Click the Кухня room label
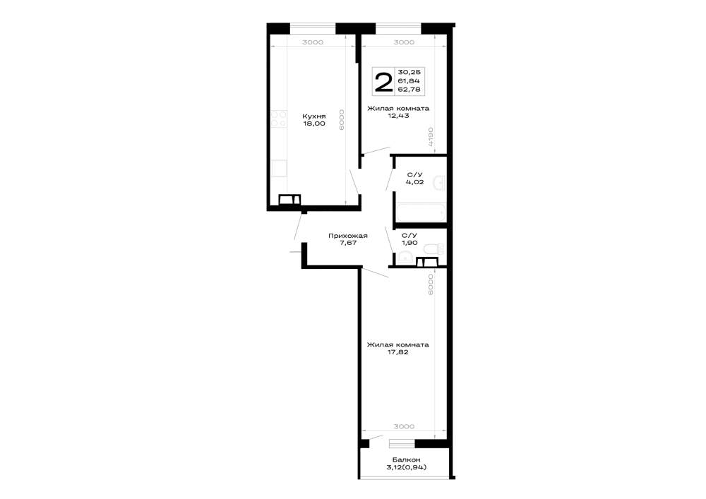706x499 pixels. coord(314,116)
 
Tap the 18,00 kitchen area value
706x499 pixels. coord(314,124)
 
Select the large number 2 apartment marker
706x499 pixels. coord(383,82)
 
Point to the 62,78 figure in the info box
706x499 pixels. coord(409,89)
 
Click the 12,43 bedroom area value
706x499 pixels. coord(398,116)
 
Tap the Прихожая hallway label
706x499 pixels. coord(347,236)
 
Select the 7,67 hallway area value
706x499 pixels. coord(347,243)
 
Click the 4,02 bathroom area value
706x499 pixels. coord(414,182)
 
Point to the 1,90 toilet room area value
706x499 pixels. coord(409,243)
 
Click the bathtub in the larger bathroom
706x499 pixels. coord(421,212)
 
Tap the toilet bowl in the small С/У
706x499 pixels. coord(433,248)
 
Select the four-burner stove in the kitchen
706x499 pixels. coord(279,119)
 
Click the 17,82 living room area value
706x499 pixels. coord(398,352)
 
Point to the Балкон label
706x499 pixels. coord(406,460)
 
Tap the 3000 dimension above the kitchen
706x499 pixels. coord(313,42)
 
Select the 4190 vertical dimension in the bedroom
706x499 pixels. coord(431,137)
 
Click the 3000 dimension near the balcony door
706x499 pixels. coord(404,426)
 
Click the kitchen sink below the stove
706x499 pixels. coord(279,168)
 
